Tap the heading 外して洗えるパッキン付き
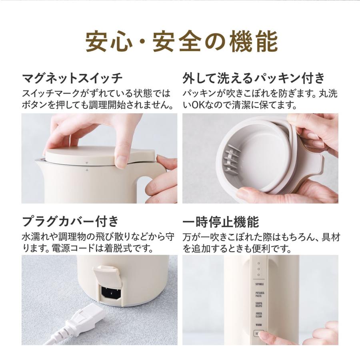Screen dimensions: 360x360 point(254,78)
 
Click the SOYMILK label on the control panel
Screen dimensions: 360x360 point(259,284)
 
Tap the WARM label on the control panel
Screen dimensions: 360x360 point(259,325)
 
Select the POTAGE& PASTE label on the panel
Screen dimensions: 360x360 point(259,294)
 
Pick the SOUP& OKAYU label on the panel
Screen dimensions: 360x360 point(259,305)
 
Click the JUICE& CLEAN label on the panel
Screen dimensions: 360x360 point(259,315)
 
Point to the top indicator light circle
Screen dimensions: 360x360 point(259,264)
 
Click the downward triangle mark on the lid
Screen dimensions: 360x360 point(86,163)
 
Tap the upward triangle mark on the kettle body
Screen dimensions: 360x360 point(86,170)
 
